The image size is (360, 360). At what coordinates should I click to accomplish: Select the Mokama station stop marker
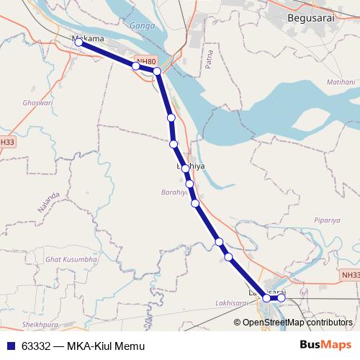[78, 43]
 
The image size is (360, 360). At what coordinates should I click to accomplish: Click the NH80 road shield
[146, 62]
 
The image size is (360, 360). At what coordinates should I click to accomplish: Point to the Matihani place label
[321, 83]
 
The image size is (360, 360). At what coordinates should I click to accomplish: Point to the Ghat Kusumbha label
[71, 258]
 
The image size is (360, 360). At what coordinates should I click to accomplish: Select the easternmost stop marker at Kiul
[282, 297]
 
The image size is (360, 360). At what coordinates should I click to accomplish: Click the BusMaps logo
[325, 346]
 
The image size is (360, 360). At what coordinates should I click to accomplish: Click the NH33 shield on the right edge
[351, 275]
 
